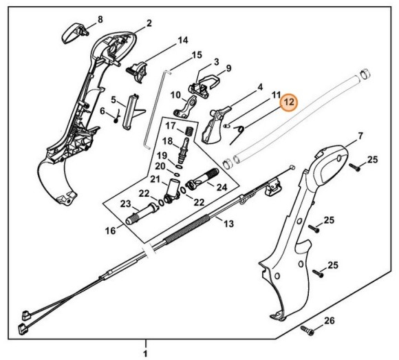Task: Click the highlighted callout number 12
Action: pyautogui.click(x=289, y=103)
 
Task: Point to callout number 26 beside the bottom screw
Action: pyautogui.click(x=329, y=321)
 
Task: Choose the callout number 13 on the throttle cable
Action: pyautogui.click(x=228, y=224)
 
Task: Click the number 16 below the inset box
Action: pyautogui.click(x=110, y=231)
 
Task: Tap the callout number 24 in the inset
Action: pyautogui.click(x=222, y=187)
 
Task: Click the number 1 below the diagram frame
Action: pyautogui.click(x=145, y=353)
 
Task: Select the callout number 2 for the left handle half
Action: pyautogui.click(x=149, y=24)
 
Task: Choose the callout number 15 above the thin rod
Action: pyautogui.click(x=196, y=55)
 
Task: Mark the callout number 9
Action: pyautogui.click(x=228, y=68)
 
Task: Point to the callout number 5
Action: pyautogui.click(x=114, y=100)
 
